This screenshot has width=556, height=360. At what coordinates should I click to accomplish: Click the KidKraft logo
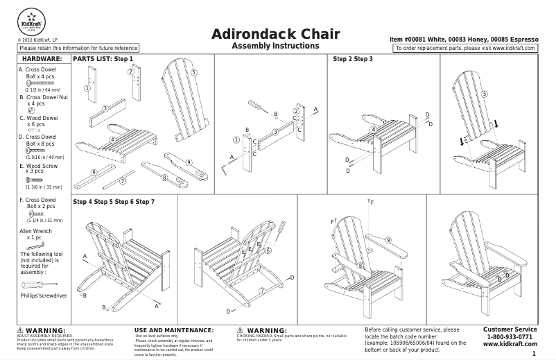coord(30,20)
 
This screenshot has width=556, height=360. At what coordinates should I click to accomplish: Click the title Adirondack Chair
coord(275,34)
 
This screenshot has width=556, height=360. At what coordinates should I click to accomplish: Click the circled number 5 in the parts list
coord(193,72)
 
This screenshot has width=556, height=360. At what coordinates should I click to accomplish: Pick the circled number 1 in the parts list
coord(87,88)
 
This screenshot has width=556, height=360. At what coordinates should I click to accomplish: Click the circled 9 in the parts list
coord(188,162)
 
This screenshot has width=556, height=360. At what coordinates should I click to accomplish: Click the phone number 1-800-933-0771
coord(510,337)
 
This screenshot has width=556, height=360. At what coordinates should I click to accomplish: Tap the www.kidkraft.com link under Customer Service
coord(510,345)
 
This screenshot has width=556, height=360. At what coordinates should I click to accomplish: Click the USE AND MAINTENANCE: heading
coord(173,330)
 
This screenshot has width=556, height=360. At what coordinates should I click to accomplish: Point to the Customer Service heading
coord(510,329)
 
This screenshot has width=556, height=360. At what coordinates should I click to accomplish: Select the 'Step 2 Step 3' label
coord(353,59)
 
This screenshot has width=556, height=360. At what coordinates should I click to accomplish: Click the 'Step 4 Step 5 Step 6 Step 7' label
coord(114,201)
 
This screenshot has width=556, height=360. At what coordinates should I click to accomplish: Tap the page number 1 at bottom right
coord(534,354)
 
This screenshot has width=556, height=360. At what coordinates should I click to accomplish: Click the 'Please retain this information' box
coord(78,48)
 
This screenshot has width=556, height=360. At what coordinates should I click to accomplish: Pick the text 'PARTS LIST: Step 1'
coord(103,59)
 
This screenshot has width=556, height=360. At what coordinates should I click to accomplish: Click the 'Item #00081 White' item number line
coord(464,40)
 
